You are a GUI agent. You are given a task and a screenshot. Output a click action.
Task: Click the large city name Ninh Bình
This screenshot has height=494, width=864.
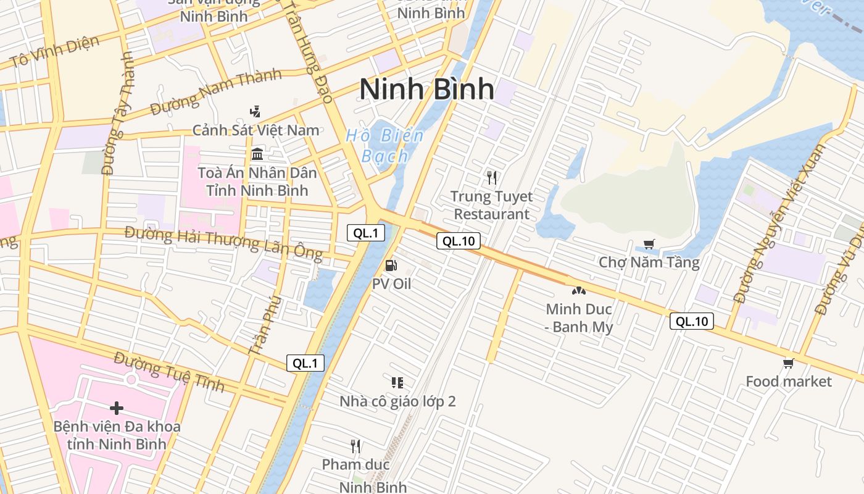pyautogui.click(x=426, y=89)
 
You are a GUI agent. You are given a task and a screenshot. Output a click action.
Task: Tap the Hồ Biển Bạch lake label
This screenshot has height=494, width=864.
pyautogui.click(x=385, y=146)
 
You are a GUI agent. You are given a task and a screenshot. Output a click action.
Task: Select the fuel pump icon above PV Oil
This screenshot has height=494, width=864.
pyautogui.click(x=391, y=266)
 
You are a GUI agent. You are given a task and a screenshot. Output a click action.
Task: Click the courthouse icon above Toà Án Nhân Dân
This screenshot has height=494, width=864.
pyautogui.click(x=257, y=154)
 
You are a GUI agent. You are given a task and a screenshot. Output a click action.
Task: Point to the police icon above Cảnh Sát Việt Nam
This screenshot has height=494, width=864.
pyautogui.click(x=255, y=112)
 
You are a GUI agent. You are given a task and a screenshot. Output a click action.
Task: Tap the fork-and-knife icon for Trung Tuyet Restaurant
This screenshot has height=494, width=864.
pyautogui.click(x=491, y=178)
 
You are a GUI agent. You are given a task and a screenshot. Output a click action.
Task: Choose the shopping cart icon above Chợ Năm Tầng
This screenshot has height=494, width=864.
pyautogui.click(x=649, y=245)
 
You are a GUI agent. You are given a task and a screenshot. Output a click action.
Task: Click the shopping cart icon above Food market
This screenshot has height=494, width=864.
pyautogui.click(x=788, y=363)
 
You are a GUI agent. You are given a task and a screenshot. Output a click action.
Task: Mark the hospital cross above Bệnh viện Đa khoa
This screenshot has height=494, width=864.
pyautogui.click(x=117, y=408)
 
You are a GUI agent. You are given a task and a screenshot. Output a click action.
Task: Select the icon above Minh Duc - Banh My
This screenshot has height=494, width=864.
pyautogui.click(x=578, y=290)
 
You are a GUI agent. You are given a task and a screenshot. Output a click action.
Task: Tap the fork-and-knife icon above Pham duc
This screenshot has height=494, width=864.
pyautogui.click(x=355, y=446)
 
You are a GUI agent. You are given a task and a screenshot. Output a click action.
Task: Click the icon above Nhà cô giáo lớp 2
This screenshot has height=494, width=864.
pyautogui.click(x=397, y=383)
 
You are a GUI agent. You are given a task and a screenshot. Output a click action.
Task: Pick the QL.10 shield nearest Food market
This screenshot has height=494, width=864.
pyautogui.click(x=692, y=321)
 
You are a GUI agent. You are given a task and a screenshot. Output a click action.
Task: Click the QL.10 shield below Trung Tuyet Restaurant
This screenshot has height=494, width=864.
pyautogui.click(x=459, y=241)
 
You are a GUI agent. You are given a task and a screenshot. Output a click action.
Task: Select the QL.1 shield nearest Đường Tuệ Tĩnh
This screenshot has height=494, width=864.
pyautogui.click(x=305, y=363)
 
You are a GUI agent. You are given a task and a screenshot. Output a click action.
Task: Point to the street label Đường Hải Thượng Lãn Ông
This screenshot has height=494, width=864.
pyautogui.click(x=223, y=243)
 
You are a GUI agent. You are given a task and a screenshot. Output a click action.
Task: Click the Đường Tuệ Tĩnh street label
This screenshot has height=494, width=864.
pyautogui.click(x=168, y=371)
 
